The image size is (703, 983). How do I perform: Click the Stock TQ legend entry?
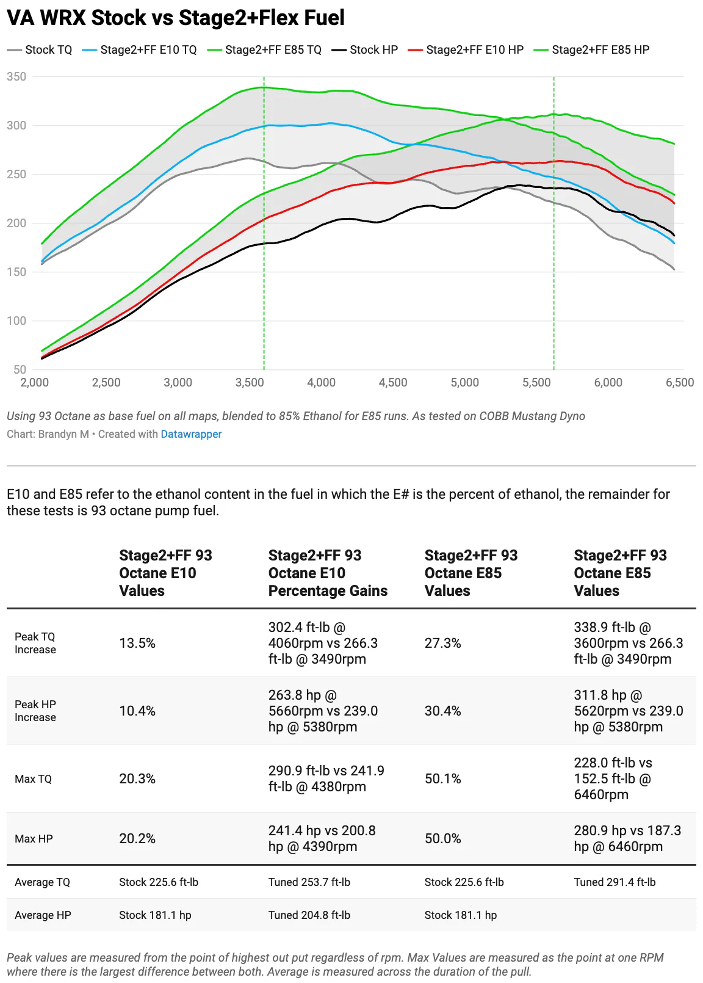pos(40,50)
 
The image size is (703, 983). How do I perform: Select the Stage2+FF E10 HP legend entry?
pos(465,50)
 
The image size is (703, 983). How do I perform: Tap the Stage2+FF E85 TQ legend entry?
pos(264,50)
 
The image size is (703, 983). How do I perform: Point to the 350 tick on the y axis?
pos(16,77)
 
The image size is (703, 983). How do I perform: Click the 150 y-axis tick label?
pos(16,272)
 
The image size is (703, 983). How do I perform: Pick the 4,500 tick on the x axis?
pos(393,383)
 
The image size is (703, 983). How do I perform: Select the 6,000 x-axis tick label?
pos(608,383)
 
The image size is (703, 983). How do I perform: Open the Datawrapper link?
pos(191,434)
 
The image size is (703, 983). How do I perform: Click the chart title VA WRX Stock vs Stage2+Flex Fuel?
pos(175,18)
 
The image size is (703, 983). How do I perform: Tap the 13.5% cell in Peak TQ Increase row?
pos(137,644)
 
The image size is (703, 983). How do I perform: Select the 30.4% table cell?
pos(442,711)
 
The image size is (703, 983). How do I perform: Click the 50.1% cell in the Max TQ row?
pos(442,779)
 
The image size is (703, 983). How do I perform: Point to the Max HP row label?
pos(34,839)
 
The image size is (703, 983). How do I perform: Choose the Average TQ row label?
pos(43,882)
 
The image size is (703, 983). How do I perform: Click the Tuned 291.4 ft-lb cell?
pos(615,882)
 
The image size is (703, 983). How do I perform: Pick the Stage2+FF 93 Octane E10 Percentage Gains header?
pos(328,573)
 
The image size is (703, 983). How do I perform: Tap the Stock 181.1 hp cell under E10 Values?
pos(155,915)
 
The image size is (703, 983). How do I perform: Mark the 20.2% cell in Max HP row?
pos(137,839)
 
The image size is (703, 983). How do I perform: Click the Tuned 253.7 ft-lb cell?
pos(309,882)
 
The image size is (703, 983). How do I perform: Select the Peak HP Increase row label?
pos(35,711)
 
